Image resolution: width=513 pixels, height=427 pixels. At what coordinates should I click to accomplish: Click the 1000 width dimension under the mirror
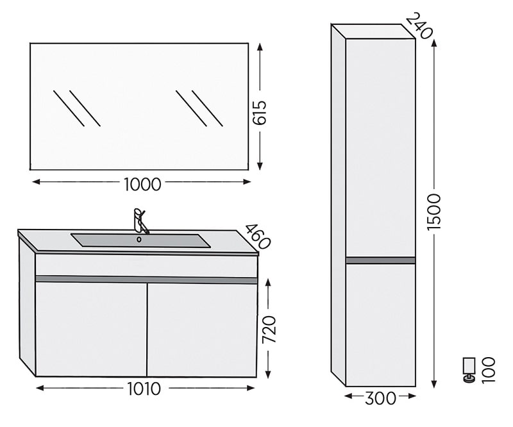click(142, 184)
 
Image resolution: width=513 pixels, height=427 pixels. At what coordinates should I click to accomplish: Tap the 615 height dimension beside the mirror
click(260, 113)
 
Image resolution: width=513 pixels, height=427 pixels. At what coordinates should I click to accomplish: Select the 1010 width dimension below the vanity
click(144, 389)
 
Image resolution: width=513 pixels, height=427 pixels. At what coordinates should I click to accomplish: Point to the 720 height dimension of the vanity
click(269, 329)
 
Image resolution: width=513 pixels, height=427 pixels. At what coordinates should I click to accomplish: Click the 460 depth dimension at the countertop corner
click(258, 237)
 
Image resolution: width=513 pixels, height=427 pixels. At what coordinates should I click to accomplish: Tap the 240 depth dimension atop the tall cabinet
click(419, 26)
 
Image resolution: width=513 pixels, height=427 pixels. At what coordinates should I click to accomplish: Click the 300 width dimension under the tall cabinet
click(380, 398)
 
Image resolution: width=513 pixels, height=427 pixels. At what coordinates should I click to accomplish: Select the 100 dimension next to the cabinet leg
click(489, 370)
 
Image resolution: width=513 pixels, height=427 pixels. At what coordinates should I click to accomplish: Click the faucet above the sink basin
click(140, 221)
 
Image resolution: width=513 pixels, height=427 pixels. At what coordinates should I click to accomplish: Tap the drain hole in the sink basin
click(139, 240)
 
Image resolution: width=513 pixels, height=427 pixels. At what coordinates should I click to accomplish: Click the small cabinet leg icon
click(469, 370)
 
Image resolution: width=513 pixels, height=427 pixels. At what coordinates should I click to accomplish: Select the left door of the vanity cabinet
click(91, 330)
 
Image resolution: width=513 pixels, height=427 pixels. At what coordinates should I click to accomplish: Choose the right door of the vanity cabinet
click(202, 330)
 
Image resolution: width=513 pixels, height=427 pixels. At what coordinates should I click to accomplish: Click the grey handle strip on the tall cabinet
click(380, 260)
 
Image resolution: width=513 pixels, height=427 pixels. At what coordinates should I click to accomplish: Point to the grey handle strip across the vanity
click(146, 280)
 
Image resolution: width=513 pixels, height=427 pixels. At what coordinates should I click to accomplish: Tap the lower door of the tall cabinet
click(380, 325)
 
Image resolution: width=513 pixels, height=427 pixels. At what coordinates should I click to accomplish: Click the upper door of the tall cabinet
click(380, 147)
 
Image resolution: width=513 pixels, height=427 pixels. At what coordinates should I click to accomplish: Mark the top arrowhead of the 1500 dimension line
click(434, 42)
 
